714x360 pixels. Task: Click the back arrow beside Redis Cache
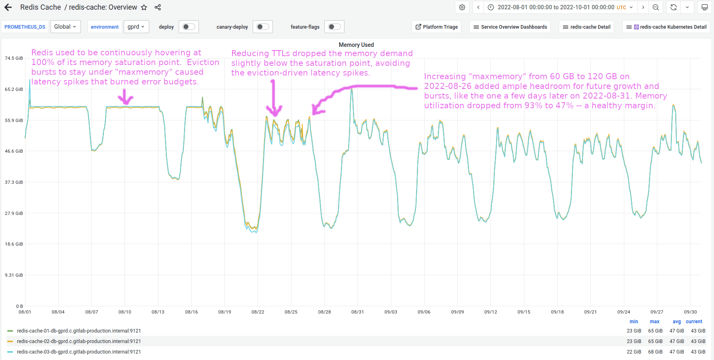pos(8,7)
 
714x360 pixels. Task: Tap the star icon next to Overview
pos(144,7)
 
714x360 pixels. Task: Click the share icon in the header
pos(158,7)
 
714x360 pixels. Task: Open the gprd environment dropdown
pos(136,27)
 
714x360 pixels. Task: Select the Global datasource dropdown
pos(65,27)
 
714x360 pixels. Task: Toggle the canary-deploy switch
pos(263,27)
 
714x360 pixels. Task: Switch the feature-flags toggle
pos(334,27)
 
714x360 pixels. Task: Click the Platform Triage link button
pos(437,27)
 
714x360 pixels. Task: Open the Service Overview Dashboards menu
pos(510,27)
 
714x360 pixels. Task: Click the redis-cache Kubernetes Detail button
pos(666,27)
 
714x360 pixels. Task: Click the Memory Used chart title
pos(356,45)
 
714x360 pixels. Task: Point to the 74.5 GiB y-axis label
pos(14,58)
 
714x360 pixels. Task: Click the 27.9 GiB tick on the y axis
pos(14,213)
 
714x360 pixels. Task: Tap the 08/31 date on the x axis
pos(357,312)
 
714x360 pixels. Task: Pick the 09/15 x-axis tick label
pos(524,312)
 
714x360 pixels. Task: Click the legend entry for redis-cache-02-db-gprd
pos(79,341)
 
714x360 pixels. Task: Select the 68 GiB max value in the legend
pos(655,352)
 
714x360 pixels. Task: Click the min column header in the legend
pos(634,322)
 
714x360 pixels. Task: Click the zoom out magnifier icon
pos(656,7)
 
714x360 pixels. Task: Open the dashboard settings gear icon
pos(462,7)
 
